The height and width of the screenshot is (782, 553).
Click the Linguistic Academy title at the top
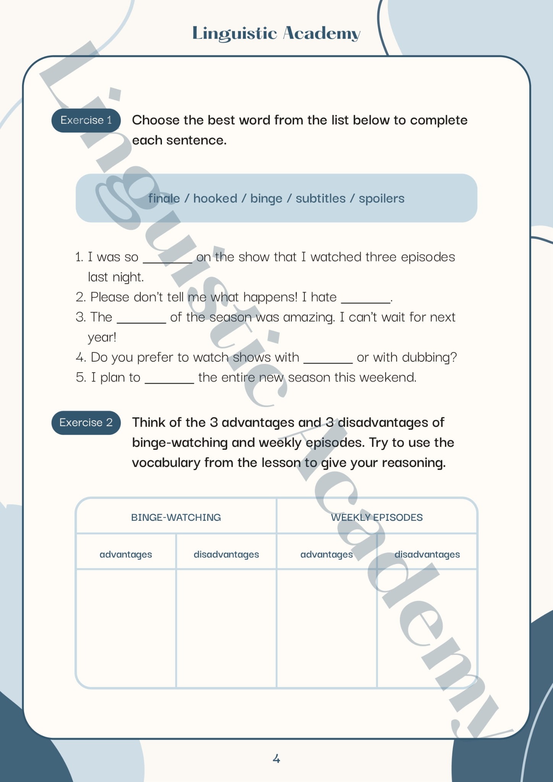276,33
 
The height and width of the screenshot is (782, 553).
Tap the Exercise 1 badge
86,120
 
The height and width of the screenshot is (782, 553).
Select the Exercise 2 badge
86,422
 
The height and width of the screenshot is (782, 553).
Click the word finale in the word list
164,199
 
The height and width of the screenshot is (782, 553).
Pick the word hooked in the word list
215,199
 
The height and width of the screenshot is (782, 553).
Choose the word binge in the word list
266,199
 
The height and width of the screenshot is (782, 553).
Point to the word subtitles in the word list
320,199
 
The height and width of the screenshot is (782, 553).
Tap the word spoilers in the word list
381,199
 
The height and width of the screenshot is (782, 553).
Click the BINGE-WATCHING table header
176,517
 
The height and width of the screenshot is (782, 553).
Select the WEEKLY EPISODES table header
377,517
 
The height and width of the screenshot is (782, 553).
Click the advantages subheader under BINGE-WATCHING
126,554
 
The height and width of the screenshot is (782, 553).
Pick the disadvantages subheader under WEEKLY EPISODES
427,554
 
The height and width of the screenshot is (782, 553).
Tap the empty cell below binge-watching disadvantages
226,628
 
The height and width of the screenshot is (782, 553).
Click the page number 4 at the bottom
276,759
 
